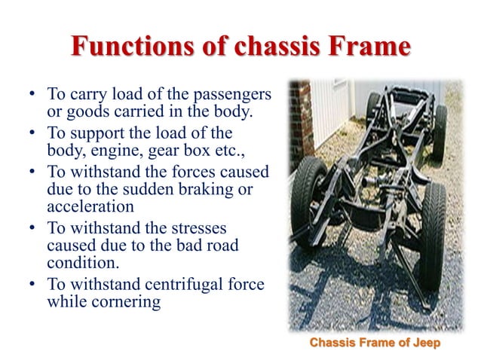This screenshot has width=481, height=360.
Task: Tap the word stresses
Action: tap(199, 230)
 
